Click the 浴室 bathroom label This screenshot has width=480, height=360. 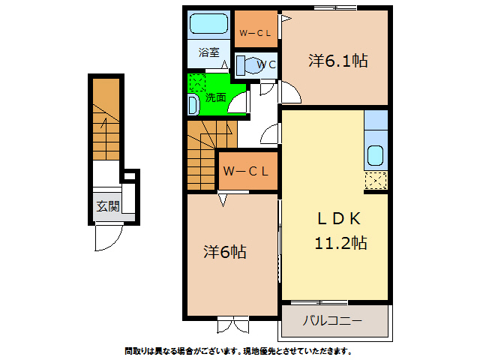pyautogui.click(x=209, y=52)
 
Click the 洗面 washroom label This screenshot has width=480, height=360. pyautogui.click(x=216, y=97)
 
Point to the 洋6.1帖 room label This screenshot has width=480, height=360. pyautogui.click(x=337, y=61)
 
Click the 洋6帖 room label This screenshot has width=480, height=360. pyautogui.click(x=224, y=251)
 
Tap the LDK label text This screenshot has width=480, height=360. pyautogui.click(x=339, y=218)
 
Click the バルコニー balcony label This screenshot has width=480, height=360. pyautogui.click(x=332, y=321)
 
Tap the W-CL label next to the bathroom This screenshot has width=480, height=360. pyautogui.click(x=255, y=33)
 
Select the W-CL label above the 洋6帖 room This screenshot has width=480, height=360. pyautogui.click(x=245, y=171)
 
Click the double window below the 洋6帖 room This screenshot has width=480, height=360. pyautogui.click(x=233, y=326)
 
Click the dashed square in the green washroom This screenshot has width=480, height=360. pyautogui.click(x=196, y=82)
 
